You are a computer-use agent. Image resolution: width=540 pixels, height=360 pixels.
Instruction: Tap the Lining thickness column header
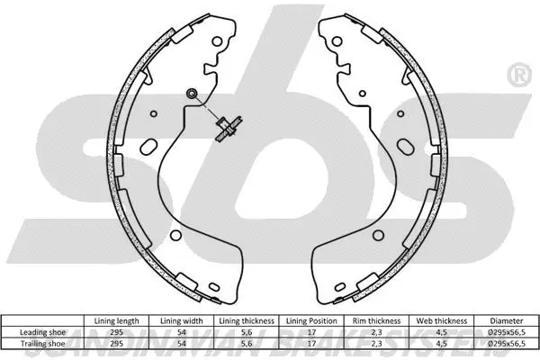tap(247, 320)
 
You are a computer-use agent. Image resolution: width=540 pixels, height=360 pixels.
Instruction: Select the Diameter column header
tap(507, 320)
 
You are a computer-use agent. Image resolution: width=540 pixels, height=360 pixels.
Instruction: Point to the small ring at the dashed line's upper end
tap(191, 95)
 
